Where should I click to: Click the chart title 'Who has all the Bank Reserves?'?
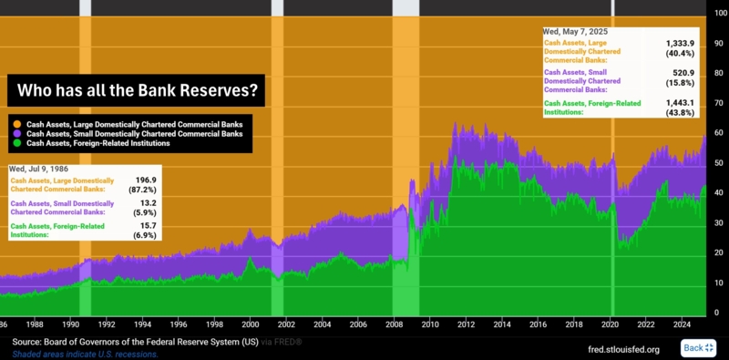137,91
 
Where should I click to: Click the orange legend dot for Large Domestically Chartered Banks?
15,122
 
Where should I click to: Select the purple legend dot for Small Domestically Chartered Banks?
15,133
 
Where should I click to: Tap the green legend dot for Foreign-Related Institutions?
15,143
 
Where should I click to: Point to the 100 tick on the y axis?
718,12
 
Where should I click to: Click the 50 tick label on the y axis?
718,163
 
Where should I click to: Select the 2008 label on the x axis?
394,324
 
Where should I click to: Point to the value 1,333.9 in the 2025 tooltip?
680,43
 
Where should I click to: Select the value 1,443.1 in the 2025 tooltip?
680,103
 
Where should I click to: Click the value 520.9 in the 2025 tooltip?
683,73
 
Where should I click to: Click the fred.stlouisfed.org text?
623,348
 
